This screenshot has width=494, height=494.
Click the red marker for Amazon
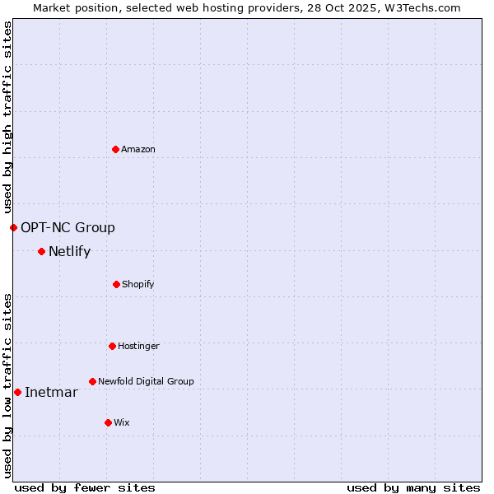[115, 149]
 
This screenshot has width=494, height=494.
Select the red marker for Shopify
[116, 284]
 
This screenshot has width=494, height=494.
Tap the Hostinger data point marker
[112, 346]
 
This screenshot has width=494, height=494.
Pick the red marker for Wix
[108, 422]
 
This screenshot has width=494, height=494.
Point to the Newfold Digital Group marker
[92, 381]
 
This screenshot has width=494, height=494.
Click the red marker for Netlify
[41, 251]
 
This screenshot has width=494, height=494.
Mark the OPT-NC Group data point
[13, 227]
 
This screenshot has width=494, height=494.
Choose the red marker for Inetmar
[17, 392]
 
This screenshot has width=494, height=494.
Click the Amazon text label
[138, 149]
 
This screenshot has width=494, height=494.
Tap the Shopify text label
[138, 284]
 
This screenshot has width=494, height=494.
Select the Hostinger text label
[138, 346]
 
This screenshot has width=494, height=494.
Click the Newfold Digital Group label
[146, 381]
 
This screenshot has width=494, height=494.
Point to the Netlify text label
[69, 251]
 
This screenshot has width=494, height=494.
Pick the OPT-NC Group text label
[68, 227]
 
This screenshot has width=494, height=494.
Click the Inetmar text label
[51, 392]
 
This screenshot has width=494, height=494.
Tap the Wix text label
[122, 422]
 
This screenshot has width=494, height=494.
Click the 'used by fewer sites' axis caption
[85, 487]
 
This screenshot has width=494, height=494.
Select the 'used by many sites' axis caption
[413, 487]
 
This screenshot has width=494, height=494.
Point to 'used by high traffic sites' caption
[7, 117]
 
